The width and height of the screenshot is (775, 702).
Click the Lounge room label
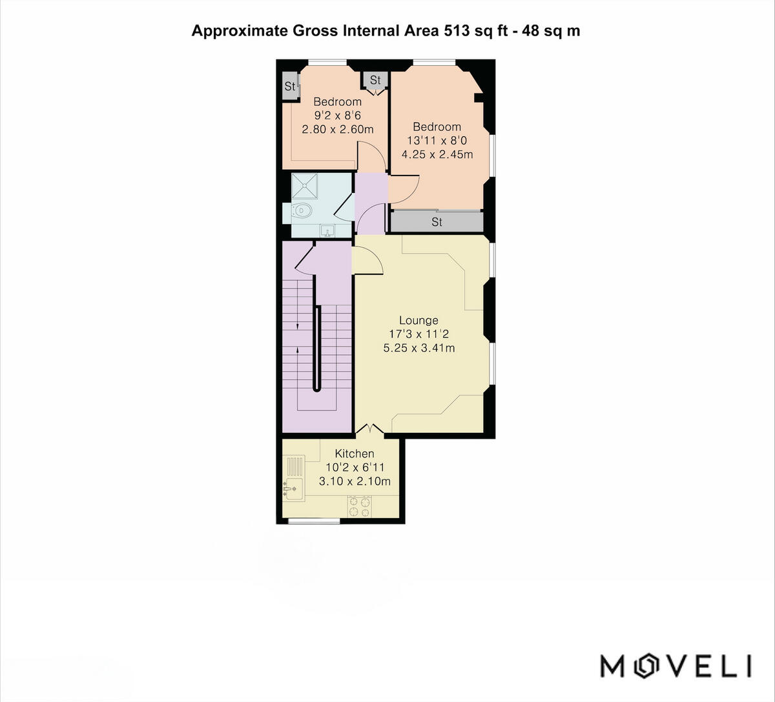click(x=418, y=320)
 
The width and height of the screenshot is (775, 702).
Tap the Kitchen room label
click(x=354, y=454)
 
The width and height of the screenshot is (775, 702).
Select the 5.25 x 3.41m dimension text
click(x=418, y=348)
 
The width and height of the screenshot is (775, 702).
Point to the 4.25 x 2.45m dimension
click(x=437, y=154)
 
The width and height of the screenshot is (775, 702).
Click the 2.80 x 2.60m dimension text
click(x=338, y=129)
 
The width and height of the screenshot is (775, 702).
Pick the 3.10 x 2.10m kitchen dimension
click(x=355, y=481)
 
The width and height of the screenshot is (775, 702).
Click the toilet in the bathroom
click(x=301, y=210)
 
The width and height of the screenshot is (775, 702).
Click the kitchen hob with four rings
click(x=359, y=506)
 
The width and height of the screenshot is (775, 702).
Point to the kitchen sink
click(x=293, y=490)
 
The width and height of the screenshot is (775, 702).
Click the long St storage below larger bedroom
click(x=437, y=222)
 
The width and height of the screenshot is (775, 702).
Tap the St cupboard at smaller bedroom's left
click(x=290, y=86)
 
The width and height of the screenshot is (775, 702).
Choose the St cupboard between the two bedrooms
click(x=375, y=80)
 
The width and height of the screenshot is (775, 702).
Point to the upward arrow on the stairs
click(x=298, y=350)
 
